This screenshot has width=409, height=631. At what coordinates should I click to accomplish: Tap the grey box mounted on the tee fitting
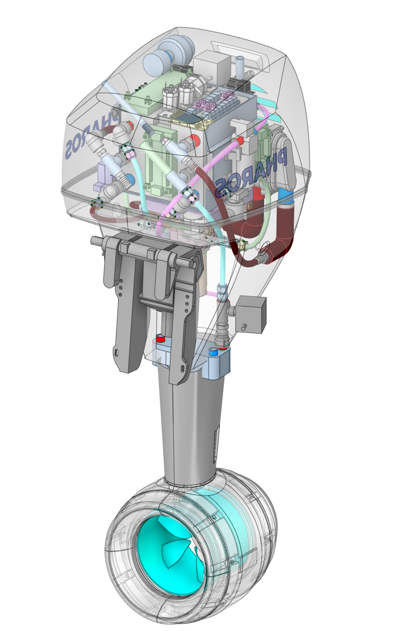(x=252, y=314)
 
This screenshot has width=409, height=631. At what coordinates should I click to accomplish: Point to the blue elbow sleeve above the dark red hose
(x=286, y=197)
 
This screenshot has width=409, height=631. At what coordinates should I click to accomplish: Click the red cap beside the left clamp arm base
(x=160, y=338)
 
